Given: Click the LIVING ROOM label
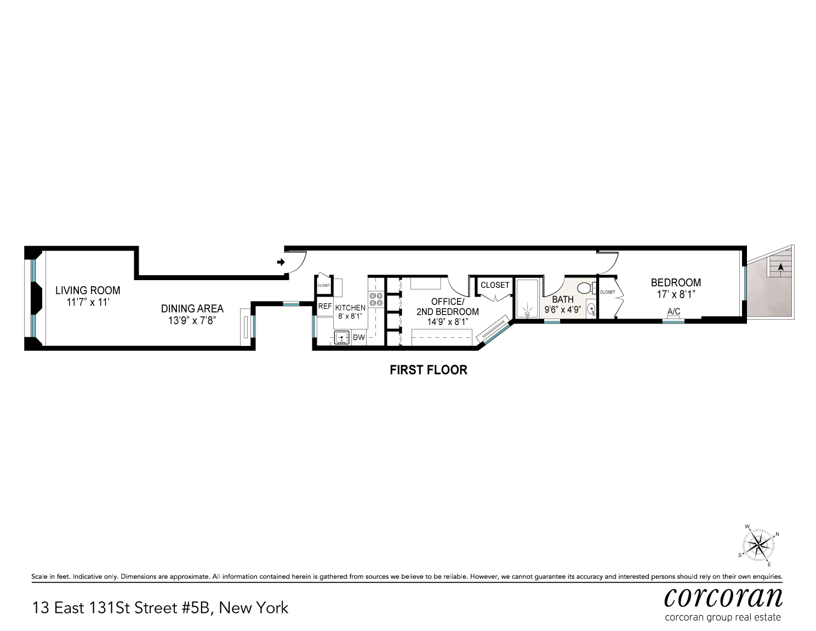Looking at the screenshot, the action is click(x=88, y=291).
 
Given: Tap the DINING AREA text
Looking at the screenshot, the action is click(x=192, y=309).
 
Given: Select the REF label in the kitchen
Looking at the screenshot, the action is click(x=325, y=306).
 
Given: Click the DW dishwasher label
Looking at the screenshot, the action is click(x=359, y=338).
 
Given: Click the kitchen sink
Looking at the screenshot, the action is click(x=342, y=338).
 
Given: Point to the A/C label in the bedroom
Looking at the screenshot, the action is click(x=674, y=312).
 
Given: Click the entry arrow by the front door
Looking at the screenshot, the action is click(x=281, y=263).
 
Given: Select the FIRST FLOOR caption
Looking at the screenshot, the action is click(x=428, y=370).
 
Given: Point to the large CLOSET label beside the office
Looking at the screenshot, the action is click(x=495, y=285).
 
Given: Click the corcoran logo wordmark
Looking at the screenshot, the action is click(x=723, y=597).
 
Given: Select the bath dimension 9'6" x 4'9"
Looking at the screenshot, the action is click(x=562, y=309).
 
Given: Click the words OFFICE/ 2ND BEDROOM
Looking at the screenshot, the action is click(x=447, y=307).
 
